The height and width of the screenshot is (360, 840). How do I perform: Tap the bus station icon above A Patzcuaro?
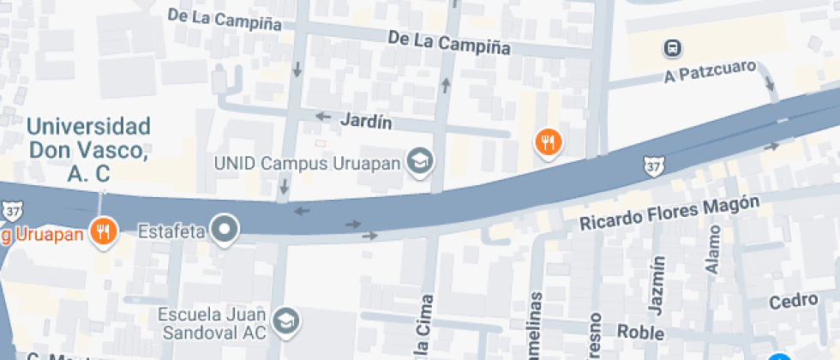[674, 48]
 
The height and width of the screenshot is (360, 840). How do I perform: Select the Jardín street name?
[366, 122]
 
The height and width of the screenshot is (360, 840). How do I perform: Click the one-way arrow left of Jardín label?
[323, 117]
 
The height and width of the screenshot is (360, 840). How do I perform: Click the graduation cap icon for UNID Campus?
[420, 160]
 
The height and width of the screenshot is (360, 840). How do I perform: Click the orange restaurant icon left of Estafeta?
[105, 230]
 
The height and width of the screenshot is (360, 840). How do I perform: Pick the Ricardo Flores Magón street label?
[669, 213]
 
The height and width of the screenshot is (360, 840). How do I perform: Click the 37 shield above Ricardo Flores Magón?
[654, 163]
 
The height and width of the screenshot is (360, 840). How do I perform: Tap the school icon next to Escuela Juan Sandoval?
[285, 321]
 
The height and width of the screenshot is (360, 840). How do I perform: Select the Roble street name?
[635, 332]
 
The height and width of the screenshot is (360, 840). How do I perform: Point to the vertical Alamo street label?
[713, 249]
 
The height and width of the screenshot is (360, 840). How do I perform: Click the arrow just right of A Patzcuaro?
[770, 83]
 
